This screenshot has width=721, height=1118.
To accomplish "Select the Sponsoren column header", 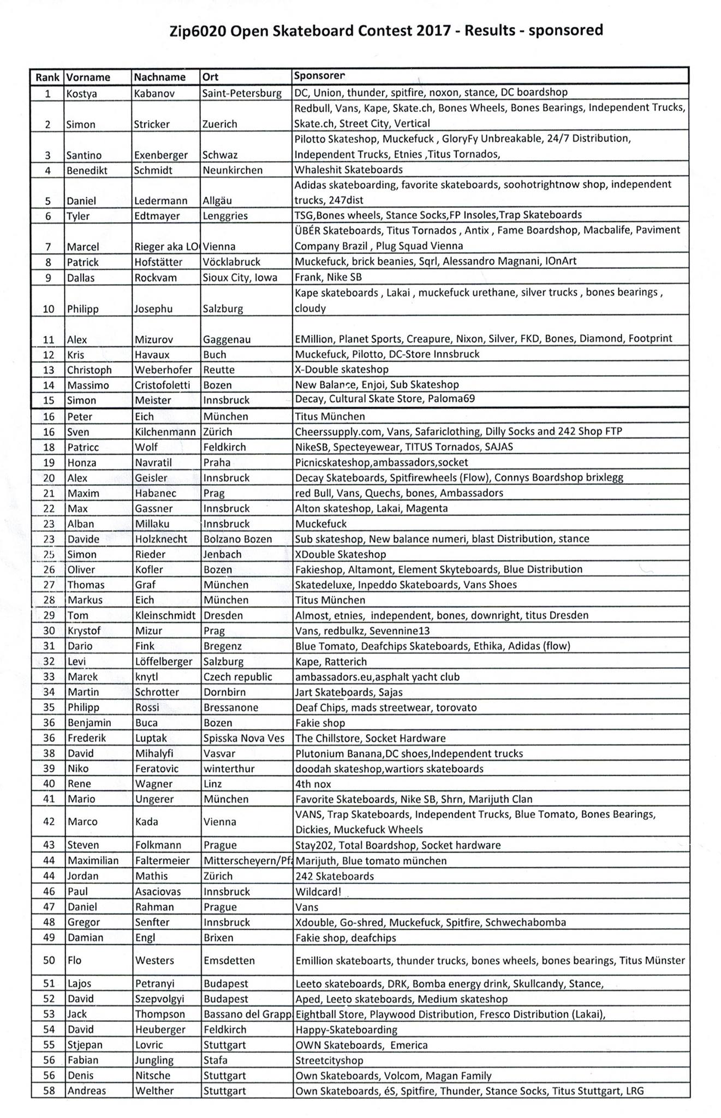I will pos(319,76).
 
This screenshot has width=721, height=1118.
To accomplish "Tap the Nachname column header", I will pos(159,77).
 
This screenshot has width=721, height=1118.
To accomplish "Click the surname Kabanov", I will pos(154,93).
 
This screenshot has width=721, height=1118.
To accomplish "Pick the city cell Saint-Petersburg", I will pos(242,93).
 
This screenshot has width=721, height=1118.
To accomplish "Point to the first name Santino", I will pos(84,155).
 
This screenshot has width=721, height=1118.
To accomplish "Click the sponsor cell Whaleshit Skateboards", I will pos(349,170).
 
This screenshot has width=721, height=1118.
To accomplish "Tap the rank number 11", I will pos(49,340).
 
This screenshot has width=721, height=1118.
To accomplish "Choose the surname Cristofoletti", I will pos(162,385).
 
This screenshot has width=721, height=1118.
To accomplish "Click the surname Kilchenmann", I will pos(165,432).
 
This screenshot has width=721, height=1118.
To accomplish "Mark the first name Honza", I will pos(81,462).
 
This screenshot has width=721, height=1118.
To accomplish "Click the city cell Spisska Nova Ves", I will pos(244,738).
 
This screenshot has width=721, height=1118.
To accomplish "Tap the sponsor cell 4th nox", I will pos(313,784).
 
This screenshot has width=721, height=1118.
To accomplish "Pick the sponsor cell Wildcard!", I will pos(318,891).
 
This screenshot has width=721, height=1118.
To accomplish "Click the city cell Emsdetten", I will pos(229,960).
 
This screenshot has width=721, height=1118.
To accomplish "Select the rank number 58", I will pos(49,1091).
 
